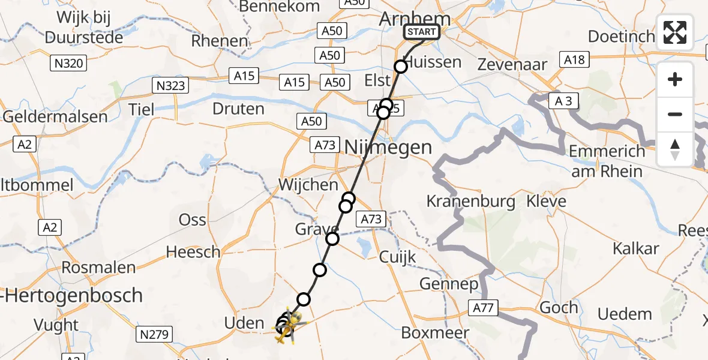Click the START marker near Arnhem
[x=422, y=32]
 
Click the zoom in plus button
[x=675, y=79]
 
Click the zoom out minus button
[x=675, y=114]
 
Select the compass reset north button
[x=675, y=149]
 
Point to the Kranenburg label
[x=470, y=201]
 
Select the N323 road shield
[x=170, y=86]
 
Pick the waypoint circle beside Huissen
[x=401, y=67]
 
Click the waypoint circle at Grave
[x=332, y=239]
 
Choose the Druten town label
[x=238, y=109]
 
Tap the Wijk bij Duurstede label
[x=83, y=27]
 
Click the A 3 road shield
[x=563, y=101]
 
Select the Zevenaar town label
[x=512, y=65]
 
